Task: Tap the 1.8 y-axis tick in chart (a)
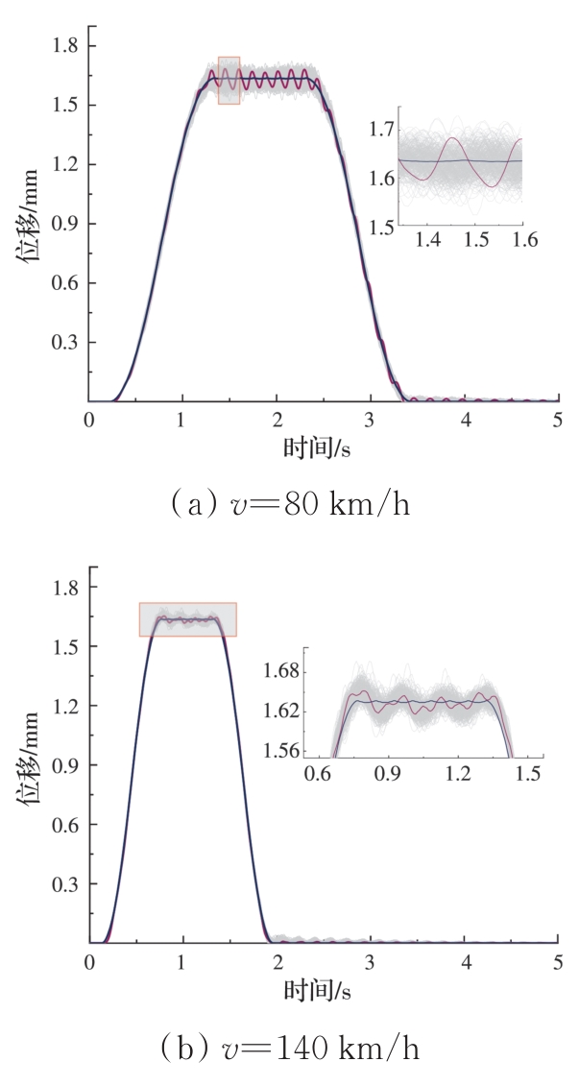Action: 69,45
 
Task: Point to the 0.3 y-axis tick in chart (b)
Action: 69,883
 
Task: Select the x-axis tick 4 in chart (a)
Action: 465,420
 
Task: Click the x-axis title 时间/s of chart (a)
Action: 322,448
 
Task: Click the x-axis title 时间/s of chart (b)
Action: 322,989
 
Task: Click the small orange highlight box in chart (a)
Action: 229,80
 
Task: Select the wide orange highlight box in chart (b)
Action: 187,619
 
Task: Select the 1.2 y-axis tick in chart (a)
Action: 69,164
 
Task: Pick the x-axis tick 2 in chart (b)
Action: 277,961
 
